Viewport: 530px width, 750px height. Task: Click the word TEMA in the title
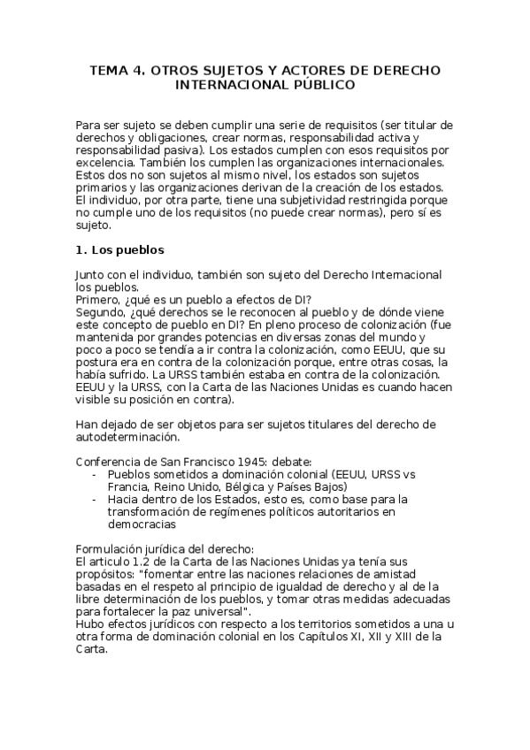[109, 70]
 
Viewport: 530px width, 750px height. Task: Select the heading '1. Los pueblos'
[120, 250]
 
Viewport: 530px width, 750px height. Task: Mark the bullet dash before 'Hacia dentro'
[95, 500]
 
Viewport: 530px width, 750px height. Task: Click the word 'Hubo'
[91, 624]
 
